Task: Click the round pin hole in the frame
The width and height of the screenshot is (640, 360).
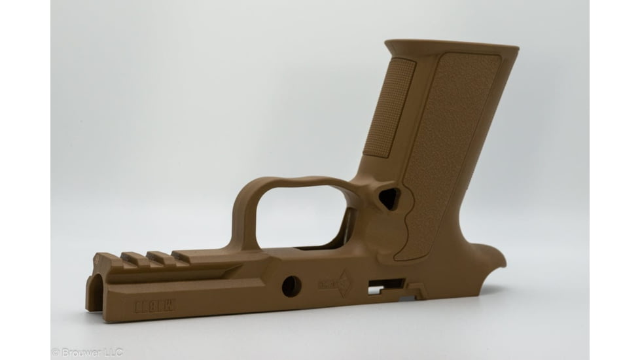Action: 291,285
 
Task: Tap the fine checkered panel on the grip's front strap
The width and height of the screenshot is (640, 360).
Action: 389,108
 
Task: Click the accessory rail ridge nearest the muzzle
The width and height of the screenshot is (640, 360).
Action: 107,259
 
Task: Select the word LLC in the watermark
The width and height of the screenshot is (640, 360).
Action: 112,352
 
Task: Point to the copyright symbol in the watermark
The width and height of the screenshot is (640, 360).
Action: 56,353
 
